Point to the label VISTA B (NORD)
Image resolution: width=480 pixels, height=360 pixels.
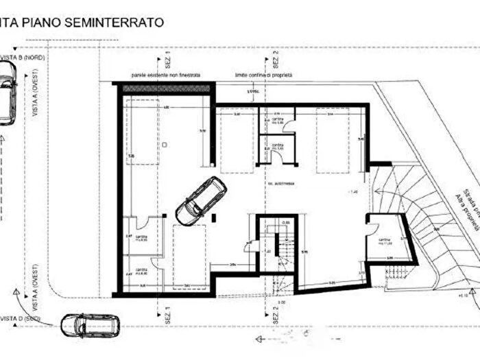22,58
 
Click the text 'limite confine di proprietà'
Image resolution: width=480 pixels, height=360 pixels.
264,74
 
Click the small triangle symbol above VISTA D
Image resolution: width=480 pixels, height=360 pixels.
15,291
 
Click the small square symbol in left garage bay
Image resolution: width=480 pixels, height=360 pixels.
165,145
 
